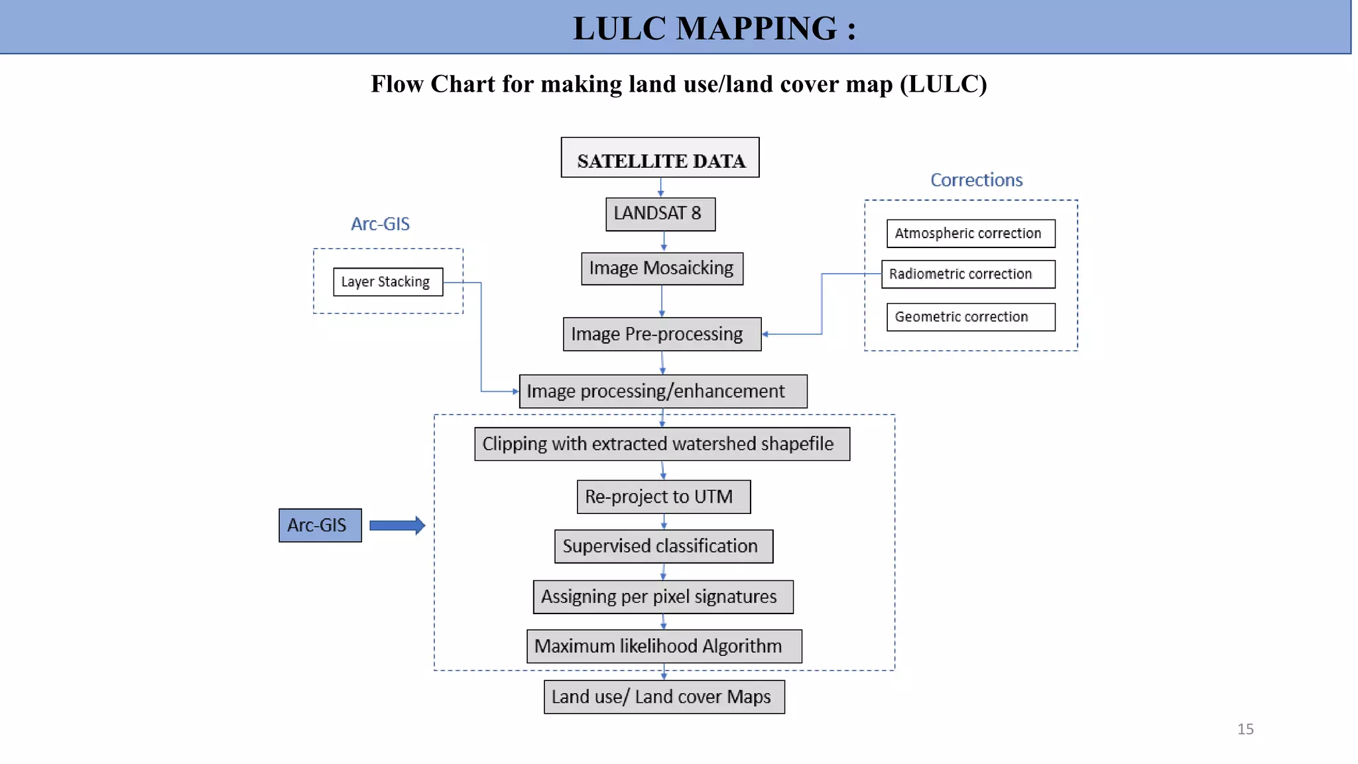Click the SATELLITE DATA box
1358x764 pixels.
click(x=660, y=158)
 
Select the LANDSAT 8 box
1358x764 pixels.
click(x=660, y=214)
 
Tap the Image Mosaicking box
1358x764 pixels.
click(x=662, y=269)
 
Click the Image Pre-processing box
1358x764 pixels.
click(x=662, y=334)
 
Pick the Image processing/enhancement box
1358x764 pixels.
click(x=663, y=391)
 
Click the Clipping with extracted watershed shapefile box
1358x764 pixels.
click(x=662, y=444)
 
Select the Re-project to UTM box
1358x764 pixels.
click(x=664, y=497)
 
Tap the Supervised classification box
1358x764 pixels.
click(x=664, y=546)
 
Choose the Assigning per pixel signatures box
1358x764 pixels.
click(x=663, y=597)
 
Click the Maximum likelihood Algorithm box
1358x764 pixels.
click(x=664, y=647)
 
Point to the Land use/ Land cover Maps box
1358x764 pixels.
click(x=664, y=697)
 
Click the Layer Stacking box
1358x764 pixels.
click(x=388, y=282)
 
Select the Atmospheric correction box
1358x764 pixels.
click(x=971, y=233)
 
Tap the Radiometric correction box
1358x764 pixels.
click(x=968, y=274)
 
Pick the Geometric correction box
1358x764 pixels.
click(x=971, y=317)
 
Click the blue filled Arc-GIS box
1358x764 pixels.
click(x=320, y=525)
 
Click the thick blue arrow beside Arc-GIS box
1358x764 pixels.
click(x=397, y=526)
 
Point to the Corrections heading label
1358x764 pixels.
click(x=976, y=180)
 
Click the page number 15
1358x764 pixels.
click(x=1245, y=730)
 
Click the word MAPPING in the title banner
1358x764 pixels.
click(x=756, y=29)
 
